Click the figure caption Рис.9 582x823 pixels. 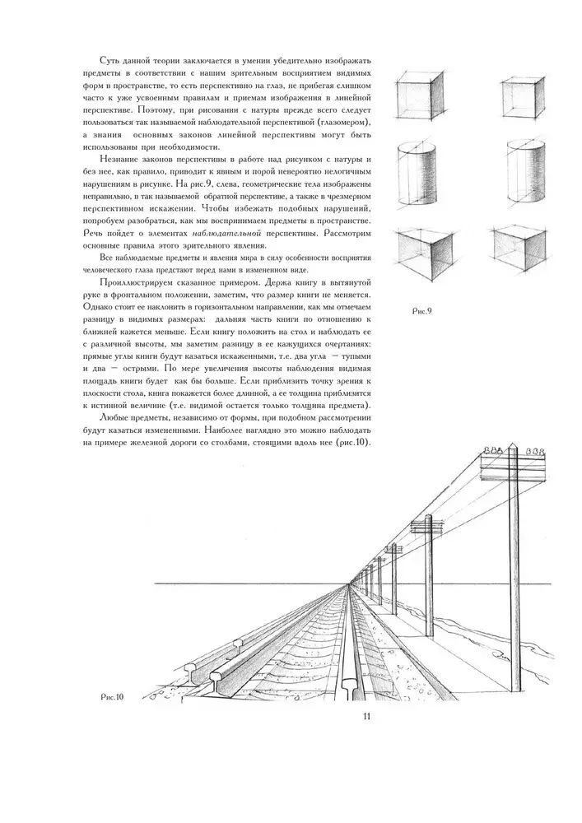point(421,311)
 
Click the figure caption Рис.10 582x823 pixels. point(107,696)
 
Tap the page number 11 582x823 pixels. point(368,715)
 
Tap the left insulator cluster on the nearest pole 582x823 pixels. point(493,450)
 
